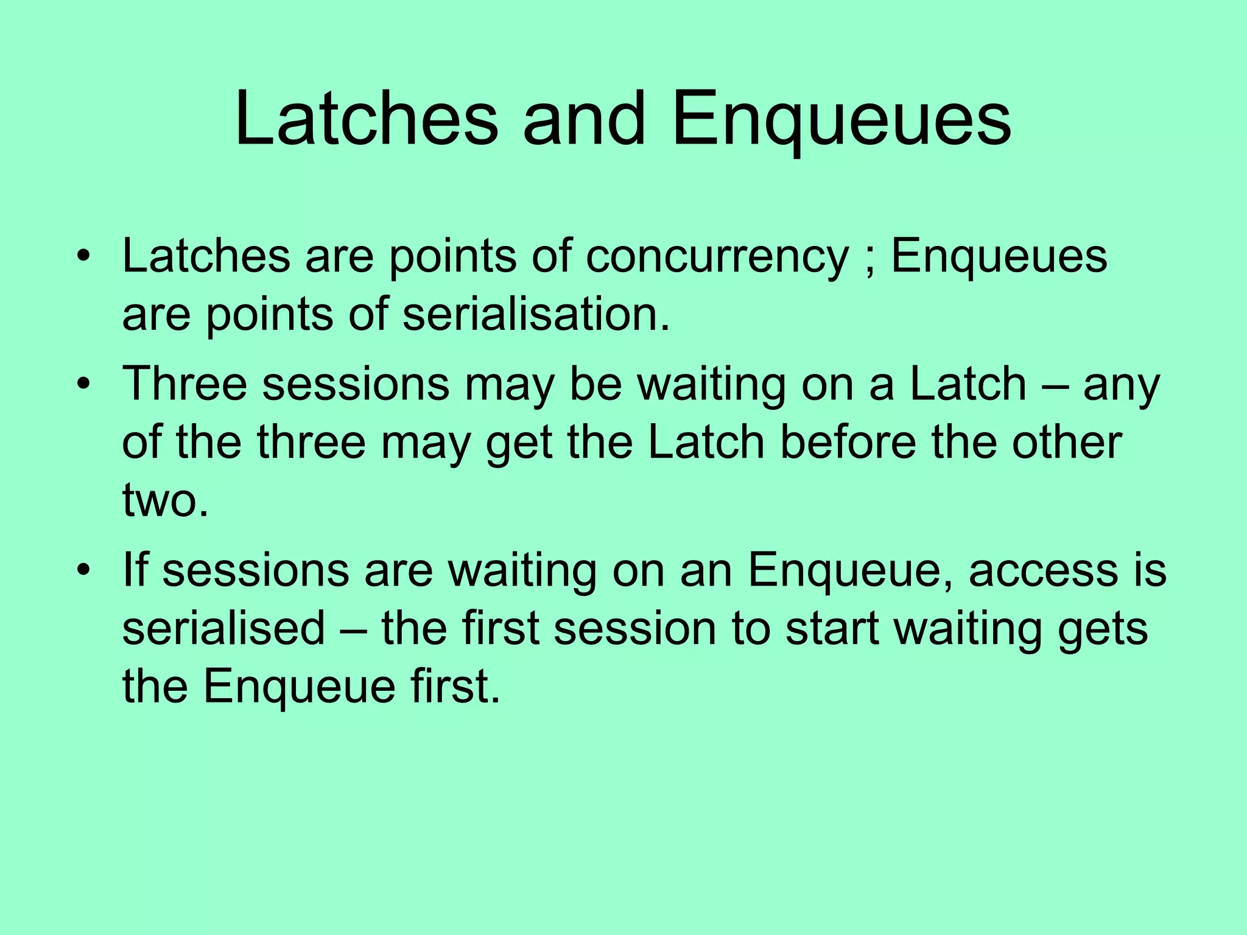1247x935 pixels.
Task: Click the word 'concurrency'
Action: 717,256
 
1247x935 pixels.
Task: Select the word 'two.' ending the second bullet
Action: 165,500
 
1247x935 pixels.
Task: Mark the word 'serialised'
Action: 223,629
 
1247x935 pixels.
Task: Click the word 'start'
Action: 832,629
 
